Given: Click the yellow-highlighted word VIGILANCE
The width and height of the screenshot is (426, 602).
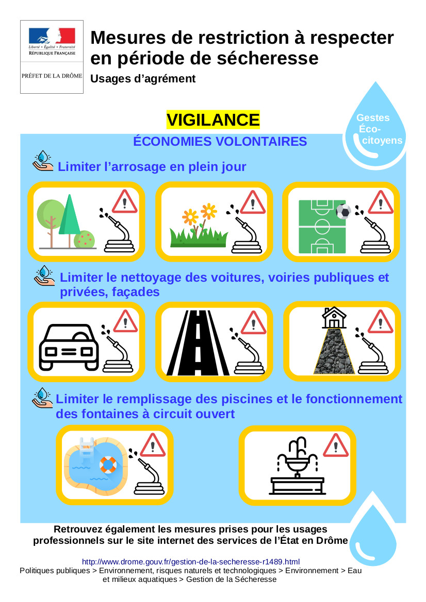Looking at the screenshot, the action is tap(213, 120).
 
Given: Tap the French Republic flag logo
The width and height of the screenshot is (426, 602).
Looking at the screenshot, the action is tap(52, 36).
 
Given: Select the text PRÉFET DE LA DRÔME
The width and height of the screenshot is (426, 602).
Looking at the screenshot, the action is tap(52, 76).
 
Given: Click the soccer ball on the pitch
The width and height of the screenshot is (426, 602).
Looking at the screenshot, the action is tap(343, 211).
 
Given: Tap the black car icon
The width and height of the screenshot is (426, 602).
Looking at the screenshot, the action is tap(69, 347).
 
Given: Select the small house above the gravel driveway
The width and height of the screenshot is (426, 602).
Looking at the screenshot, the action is tap(334, 317).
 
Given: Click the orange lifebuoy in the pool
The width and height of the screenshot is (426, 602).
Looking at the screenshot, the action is tap(108, 465).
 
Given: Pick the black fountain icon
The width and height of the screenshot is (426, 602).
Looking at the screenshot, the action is tap(297, 466).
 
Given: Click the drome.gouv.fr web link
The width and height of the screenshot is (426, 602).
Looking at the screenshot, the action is tap(191, 562).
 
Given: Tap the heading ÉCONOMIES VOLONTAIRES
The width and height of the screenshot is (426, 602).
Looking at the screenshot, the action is tap(220, 141).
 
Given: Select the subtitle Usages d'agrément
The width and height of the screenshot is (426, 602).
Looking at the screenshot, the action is tap(143, 79).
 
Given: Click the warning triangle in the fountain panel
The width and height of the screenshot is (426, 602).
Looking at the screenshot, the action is tap(336, 446).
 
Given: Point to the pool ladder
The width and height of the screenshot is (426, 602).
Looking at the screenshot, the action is tap(87, 449).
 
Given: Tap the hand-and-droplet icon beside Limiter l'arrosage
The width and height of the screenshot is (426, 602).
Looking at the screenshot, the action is tap(43, 161).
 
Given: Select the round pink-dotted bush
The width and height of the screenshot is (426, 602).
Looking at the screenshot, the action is tap(84, 239).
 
